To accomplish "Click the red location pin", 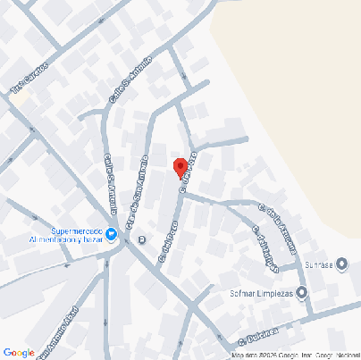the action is (180, 167).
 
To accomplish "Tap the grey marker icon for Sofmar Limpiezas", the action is (301, 292).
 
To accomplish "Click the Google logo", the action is (19, 352).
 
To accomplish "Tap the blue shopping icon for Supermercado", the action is (112, 235).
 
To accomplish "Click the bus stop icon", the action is (142, 239).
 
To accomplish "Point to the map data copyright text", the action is (293, 355).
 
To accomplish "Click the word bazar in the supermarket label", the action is (90, 239).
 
